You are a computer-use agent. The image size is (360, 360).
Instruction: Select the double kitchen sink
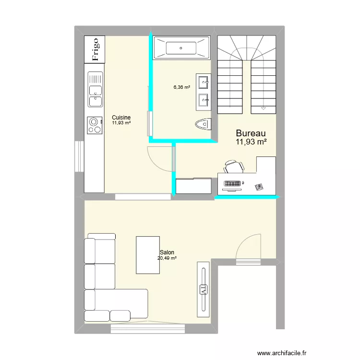(95, 89)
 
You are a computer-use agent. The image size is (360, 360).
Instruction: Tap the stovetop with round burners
(95, 125)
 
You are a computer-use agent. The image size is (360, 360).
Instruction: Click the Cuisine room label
(121, 118)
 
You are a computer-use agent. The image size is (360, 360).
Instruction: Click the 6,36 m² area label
(182, 87)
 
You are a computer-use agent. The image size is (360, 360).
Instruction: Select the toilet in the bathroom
(204, 125)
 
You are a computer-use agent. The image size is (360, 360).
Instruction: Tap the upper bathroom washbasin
(203, 82)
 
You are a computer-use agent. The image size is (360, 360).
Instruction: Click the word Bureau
(251, 133)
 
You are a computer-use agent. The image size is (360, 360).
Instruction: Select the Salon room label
(167, 252)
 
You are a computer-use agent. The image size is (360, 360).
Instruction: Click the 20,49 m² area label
(167, 258)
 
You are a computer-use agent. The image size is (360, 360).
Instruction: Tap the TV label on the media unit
(203, 289)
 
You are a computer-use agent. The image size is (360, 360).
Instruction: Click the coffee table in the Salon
(148, 254)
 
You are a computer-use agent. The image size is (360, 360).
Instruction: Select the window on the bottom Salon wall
(147, 328)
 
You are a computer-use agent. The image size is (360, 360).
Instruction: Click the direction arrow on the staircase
(263, 109)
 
